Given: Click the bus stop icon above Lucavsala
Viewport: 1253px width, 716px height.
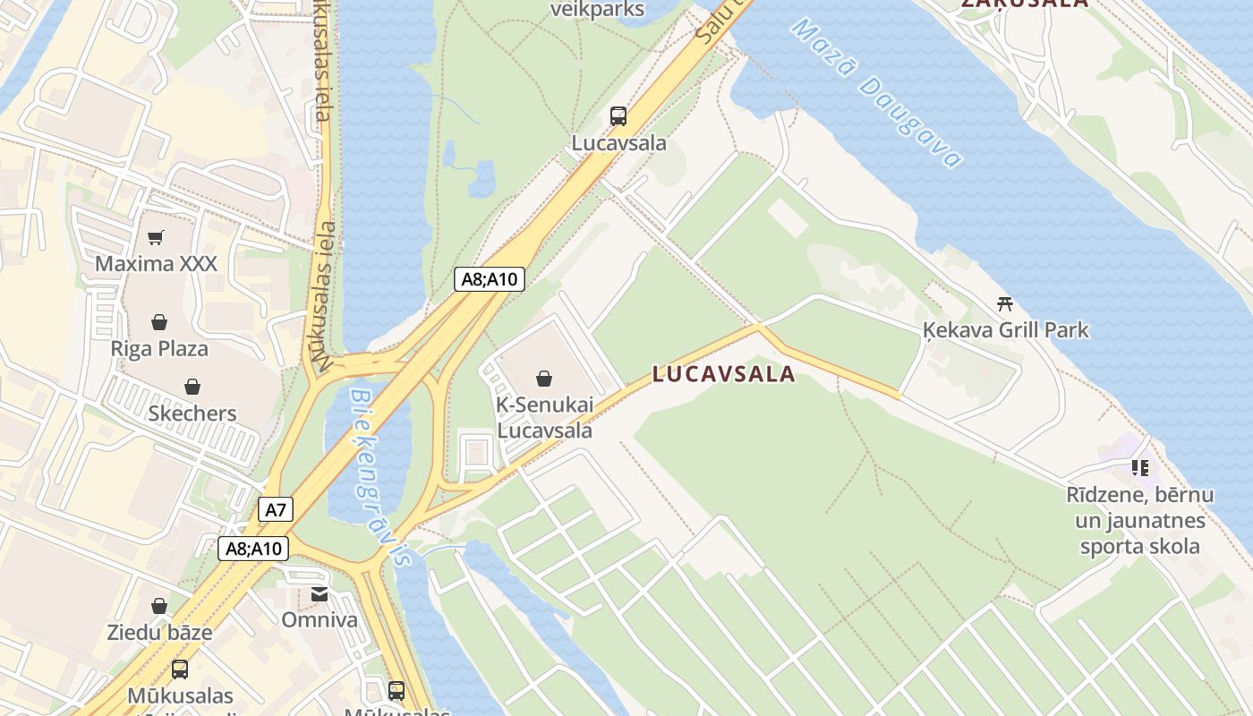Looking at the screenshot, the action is [618, 115].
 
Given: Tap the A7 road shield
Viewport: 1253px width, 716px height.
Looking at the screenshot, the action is [276, 510].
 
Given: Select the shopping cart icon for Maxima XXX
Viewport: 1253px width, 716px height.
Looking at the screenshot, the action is [156, 237].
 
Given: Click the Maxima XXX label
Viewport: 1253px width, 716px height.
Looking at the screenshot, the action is [156, 264].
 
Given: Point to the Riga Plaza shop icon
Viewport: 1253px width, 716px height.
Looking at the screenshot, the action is [159, 322].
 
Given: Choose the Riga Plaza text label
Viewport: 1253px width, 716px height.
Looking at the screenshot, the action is [159, 348].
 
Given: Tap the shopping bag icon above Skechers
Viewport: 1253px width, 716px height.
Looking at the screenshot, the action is [192, 387].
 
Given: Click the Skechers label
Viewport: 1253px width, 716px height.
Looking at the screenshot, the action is [192, 413].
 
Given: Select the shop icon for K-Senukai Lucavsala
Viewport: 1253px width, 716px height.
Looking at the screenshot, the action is [544, 379].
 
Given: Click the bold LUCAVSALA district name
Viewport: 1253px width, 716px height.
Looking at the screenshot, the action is [723, 374].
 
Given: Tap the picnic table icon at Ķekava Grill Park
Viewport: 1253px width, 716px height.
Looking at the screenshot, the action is [1005, 303].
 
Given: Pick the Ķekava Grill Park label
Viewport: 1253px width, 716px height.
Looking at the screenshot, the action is [1006, 330].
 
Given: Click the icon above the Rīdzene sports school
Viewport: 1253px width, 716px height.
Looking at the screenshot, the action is [1139, 467].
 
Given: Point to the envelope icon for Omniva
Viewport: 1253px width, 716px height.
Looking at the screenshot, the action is [320, 594].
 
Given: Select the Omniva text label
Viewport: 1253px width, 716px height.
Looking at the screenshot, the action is [320, 619].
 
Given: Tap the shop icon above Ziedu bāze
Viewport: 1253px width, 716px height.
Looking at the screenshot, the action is [159, 607].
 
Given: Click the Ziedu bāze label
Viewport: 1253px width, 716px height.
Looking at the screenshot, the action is [159, 633].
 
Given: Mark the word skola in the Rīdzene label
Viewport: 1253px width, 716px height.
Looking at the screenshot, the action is [1168, 546].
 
